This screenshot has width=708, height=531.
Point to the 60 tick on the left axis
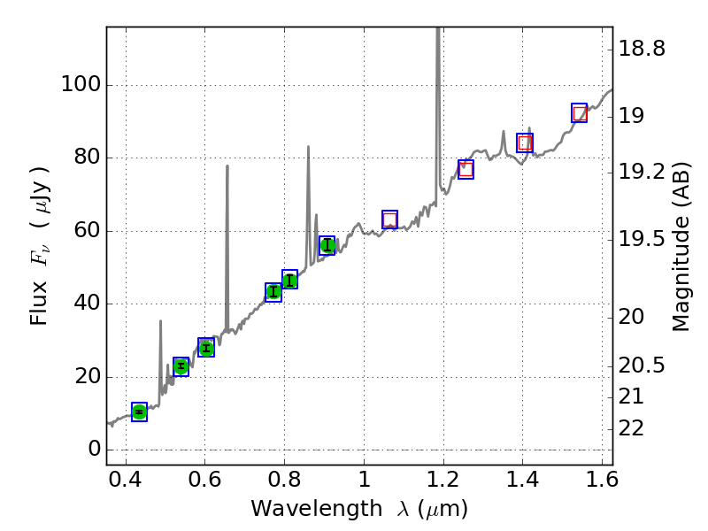click(87, 231)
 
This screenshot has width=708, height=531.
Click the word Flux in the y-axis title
click(39, 304)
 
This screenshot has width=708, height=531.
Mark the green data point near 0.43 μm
click(139, 412)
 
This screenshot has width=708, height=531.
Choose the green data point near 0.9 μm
click(327, 245)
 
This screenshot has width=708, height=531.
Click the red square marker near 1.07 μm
click(389, 219)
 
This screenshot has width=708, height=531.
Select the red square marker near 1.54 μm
click(580, 113)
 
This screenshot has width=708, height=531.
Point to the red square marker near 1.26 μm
click(466, 169)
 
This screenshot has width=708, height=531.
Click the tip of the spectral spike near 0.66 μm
click(227, 165)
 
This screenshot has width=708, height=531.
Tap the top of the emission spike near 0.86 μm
click(308, 147)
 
